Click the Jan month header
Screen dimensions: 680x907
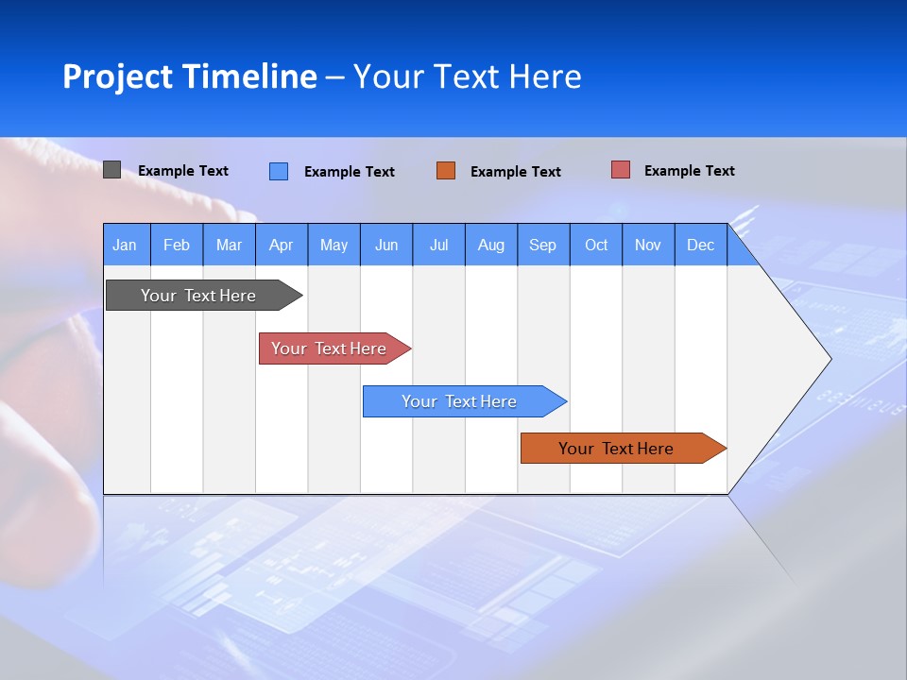[x=126, y=245]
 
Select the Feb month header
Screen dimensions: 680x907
[x=177, y=245]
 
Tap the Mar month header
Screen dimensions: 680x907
[x=229, y=245]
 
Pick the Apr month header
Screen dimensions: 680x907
[x=282, y=245]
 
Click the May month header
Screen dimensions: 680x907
[x=334, y=245]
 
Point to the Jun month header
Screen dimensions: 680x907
[x=386, y=245]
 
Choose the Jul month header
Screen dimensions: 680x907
[x=438, y=245]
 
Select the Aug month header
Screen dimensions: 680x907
[x=491, y=245]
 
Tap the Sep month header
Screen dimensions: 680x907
[x=543, y=245]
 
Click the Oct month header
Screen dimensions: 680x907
[x=596, y=245]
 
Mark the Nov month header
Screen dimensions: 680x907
[x=648, y=245]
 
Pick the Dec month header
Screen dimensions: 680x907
[x=701, y=245]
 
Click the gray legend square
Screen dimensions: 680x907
[x=111, y=170]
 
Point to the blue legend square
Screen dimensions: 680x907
[x=279, y=171]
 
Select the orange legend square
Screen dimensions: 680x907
[x=446, y=170]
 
